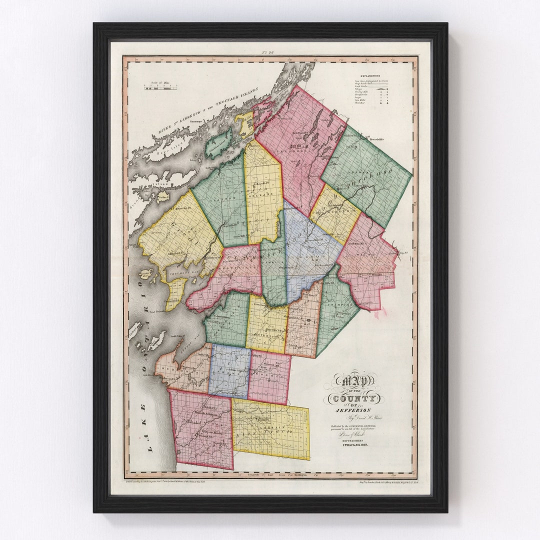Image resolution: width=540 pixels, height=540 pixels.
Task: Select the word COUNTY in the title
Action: (x=352, y=398)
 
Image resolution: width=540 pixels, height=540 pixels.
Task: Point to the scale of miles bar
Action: (x=161, y=87)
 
